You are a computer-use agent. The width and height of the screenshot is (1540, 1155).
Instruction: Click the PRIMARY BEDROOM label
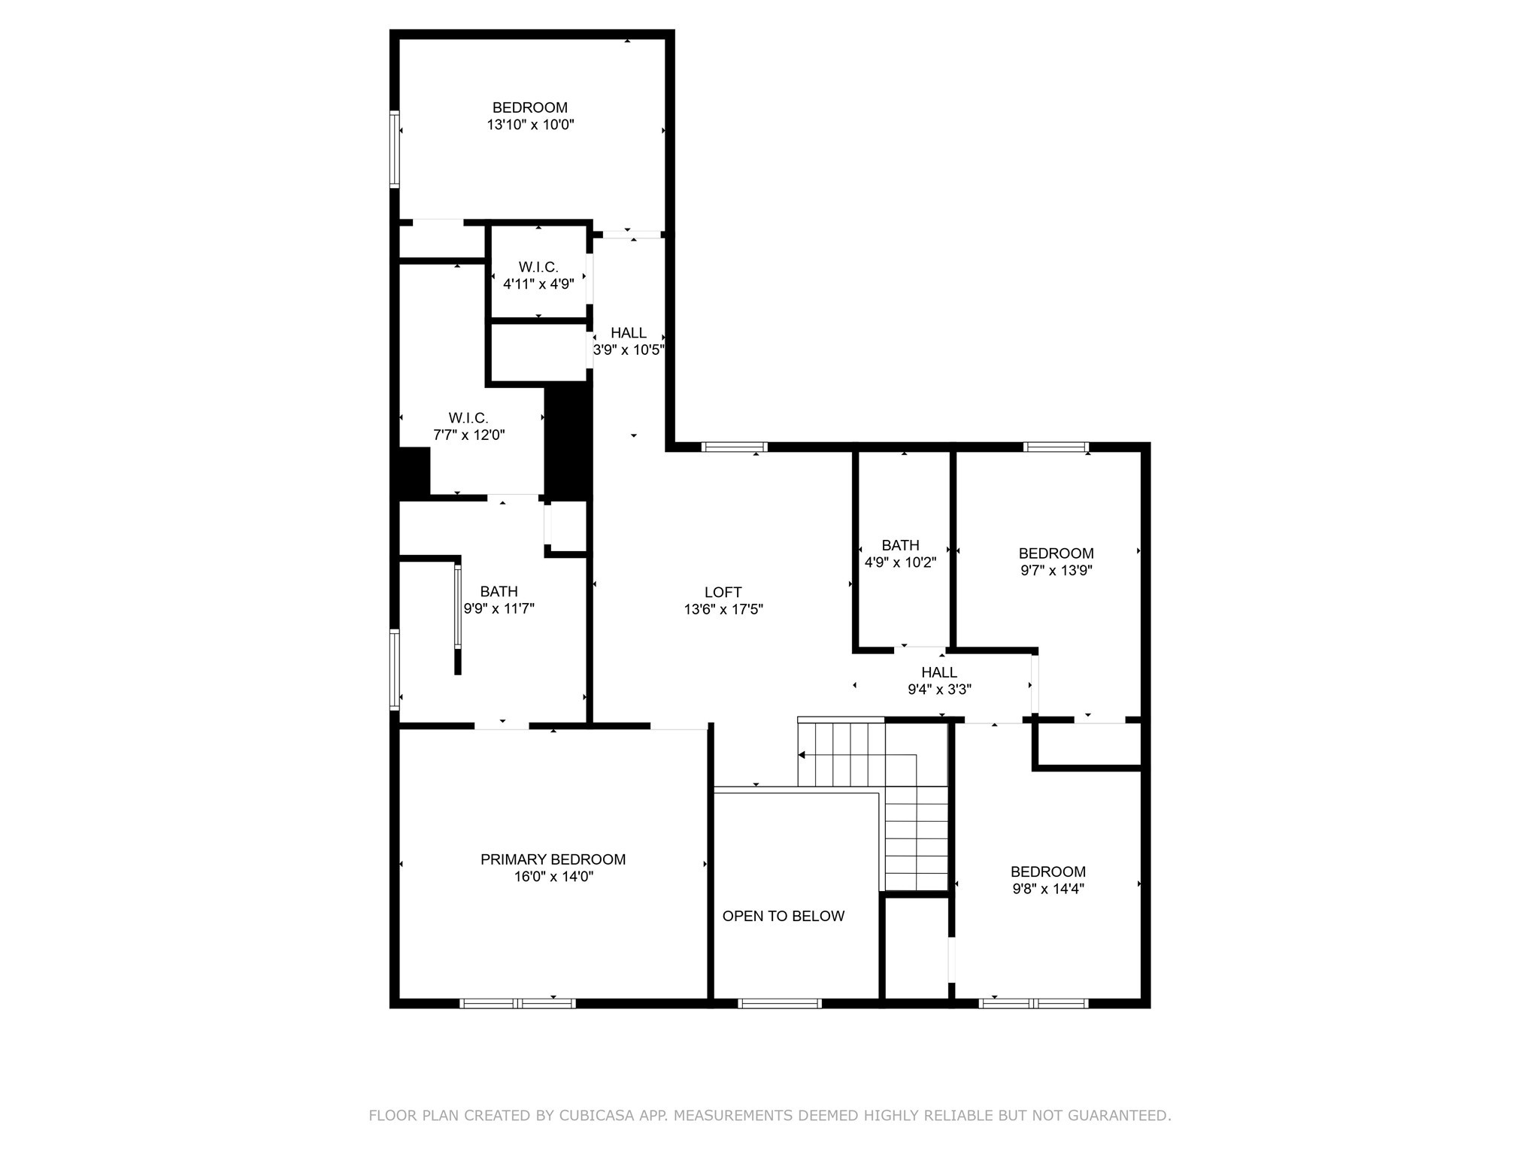[x=553, y=859]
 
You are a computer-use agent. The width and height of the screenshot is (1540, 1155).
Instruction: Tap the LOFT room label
[x=723, y=593]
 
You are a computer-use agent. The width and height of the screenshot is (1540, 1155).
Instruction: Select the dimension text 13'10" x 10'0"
[x=530, y=125]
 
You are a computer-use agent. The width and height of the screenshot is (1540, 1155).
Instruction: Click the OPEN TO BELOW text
[x=783, y=916]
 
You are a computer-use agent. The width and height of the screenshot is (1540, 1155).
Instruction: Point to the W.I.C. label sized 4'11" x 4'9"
[x=538, y=268]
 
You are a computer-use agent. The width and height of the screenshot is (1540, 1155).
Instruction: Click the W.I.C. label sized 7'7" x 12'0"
[x=468, y=418]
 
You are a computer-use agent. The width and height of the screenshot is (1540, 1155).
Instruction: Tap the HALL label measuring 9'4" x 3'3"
[x=939, y=672]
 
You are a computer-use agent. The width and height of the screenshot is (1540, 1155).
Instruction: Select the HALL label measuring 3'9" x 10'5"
[x=628, y=333]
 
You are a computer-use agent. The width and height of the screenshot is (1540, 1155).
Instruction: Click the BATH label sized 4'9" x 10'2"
[x=900, y=545]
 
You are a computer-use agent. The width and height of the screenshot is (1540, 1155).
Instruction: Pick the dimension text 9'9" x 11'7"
[x=499, y=609]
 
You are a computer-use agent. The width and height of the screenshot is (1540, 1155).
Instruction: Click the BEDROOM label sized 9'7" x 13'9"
[x=1056, y=553]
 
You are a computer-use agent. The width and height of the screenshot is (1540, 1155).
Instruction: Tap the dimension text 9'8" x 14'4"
[x=1047, y=889]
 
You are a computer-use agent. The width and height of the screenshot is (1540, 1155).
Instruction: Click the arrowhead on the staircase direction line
[x=802, y=755]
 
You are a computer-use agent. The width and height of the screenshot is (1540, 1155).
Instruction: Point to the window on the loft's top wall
[x=734, y=447]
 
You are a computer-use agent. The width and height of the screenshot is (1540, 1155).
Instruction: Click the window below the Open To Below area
[x=780, y=1003]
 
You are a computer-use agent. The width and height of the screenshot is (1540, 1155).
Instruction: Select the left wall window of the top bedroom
[x=394, y=148]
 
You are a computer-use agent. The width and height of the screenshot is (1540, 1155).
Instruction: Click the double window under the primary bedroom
[x=517, y=1003]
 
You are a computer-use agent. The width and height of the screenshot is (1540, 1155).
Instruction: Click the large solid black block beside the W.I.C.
[x=568, y=440]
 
